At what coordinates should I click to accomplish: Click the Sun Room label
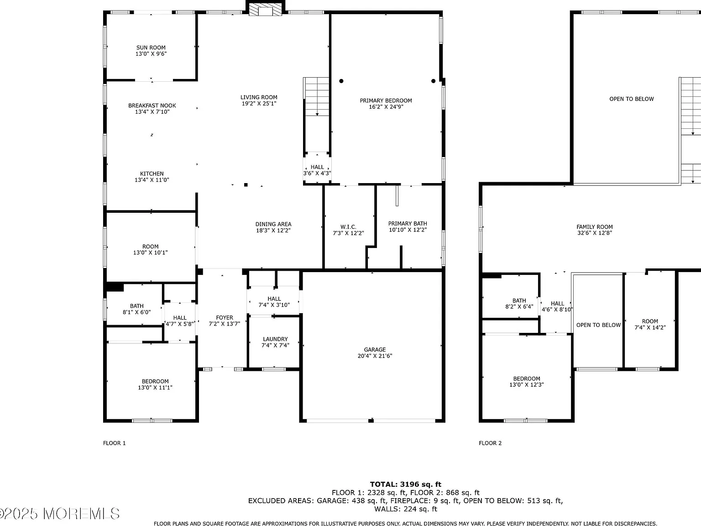151,51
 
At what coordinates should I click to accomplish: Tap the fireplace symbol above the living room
265,10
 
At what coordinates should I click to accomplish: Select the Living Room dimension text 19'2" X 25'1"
259,104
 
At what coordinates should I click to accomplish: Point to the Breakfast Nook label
152,109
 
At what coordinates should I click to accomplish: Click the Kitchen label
152,177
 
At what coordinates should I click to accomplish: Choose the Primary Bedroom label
386,104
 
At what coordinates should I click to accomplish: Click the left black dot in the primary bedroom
341,81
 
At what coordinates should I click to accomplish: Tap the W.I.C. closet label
348,230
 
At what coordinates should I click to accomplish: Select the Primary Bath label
408,227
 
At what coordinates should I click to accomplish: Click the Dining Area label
273,227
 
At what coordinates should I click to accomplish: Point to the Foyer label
225,321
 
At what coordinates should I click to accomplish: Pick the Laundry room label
275,342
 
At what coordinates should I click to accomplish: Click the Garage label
375,352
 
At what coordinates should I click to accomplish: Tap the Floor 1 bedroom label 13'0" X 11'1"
155,384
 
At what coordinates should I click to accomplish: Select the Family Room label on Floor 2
595,230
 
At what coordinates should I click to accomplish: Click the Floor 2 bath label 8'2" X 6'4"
519,304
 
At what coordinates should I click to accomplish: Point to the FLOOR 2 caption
490,443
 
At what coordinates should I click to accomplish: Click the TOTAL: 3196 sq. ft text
406,484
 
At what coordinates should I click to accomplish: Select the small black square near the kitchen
246,185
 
